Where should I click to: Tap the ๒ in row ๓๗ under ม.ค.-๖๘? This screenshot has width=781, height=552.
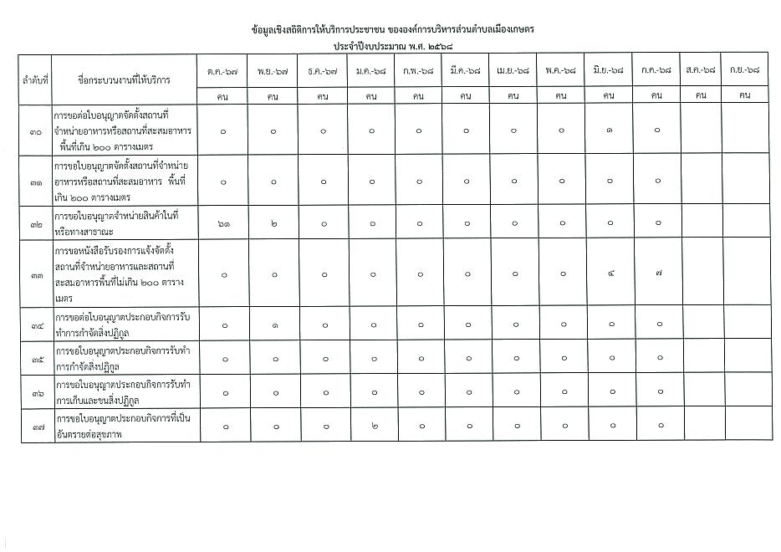(x=370, y=427)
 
